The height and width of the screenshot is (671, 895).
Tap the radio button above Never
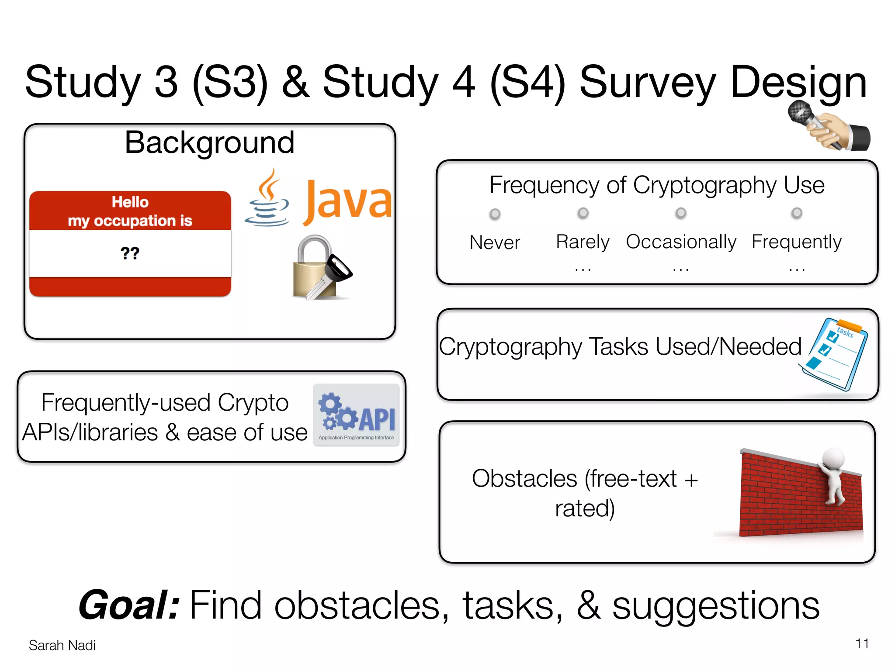click(495, 214)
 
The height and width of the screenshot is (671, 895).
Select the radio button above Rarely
click(583, 213)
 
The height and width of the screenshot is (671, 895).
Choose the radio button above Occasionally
click(681, 213)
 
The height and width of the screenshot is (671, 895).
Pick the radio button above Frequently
click(797, 213)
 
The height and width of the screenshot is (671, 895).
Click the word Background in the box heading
click(209, 143)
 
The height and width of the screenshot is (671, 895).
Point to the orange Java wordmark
click(348, 201)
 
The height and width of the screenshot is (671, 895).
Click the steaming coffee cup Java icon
click(267, 199)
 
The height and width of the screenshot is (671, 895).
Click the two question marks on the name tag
click(130, 253)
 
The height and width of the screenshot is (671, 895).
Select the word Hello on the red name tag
click(130, 202)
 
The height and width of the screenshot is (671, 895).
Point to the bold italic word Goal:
click(129, 605)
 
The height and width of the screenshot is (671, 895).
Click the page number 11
click(862, 644)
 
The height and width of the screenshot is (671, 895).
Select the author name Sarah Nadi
click(62, 645)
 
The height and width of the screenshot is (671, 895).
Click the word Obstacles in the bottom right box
click(524, 479)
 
